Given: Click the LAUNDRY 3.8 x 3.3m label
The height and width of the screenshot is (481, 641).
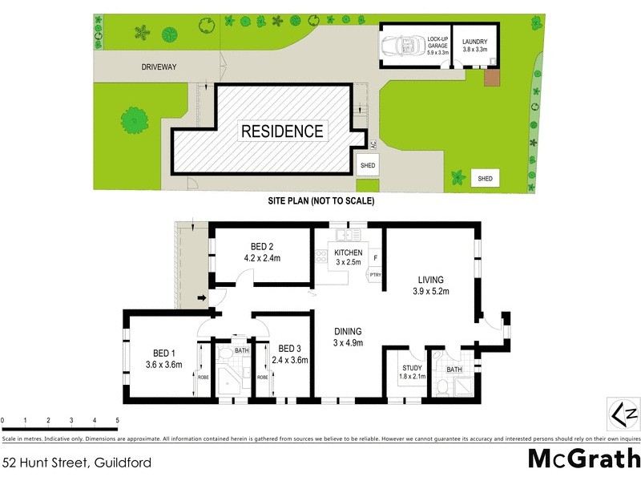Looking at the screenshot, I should (475, 45).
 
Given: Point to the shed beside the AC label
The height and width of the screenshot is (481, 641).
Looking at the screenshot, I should (368, 166).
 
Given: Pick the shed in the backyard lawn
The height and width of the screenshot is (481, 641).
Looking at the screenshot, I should (484, 178).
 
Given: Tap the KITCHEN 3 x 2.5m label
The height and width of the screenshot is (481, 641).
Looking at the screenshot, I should (349, 257).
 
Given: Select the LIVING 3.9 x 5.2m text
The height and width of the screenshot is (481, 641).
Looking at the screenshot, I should (433, 285).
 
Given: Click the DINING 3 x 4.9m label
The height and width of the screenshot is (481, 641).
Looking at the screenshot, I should (349, 337).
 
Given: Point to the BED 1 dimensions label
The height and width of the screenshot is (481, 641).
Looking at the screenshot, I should (164, 364).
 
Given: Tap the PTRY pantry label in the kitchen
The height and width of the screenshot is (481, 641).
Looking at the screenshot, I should (375, 275).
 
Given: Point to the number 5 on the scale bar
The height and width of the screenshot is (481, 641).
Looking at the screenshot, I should (118, 420).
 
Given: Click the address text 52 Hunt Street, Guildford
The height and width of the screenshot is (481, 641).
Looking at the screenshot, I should (77, 463).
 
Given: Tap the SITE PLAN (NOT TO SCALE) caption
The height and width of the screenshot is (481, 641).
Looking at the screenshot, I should (320, 201).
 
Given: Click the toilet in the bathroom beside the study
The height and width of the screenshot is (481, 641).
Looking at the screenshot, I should (442, 388).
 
